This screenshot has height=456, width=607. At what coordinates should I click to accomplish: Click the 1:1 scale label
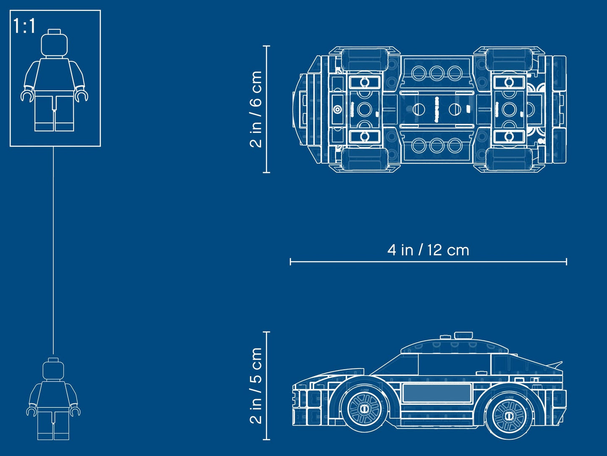[24, 26]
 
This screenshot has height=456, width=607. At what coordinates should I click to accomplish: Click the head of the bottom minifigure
[53, 369]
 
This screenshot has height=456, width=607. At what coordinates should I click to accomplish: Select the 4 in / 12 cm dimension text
[428, 250]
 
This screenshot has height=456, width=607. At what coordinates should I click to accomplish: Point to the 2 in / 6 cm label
[256, 109]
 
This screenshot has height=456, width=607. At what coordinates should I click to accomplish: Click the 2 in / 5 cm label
[256, 385]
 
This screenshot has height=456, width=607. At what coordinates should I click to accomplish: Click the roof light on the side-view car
[463, 335]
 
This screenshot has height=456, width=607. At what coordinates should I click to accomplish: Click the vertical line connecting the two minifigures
[53, 252]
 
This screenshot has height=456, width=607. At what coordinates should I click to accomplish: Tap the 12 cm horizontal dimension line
[428, 262]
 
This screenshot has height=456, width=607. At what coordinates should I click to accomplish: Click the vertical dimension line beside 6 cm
[267, 109]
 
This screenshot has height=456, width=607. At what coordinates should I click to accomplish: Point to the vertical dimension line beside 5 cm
[267, 385]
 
